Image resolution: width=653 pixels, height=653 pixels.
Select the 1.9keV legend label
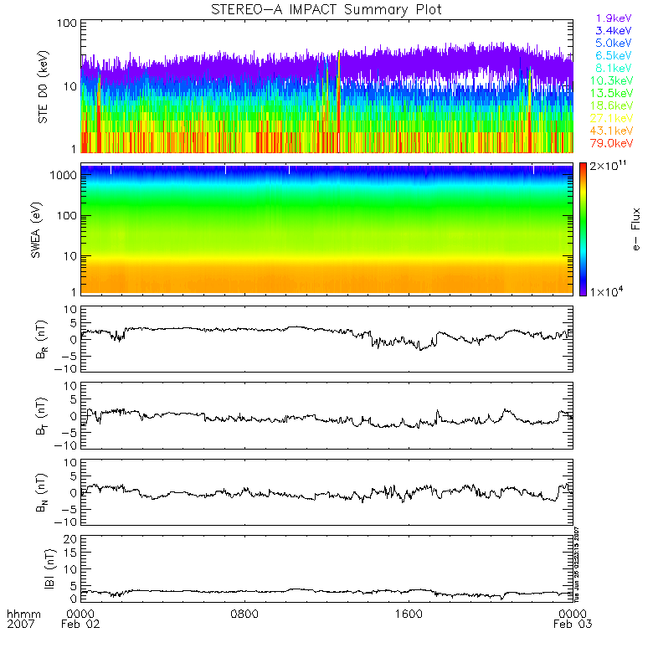click(613, 18)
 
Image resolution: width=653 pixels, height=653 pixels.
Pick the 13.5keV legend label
click(613, 94)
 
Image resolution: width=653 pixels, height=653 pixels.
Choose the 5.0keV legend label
click(613, 43)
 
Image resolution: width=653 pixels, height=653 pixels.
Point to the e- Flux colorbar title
click(636, 228)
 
